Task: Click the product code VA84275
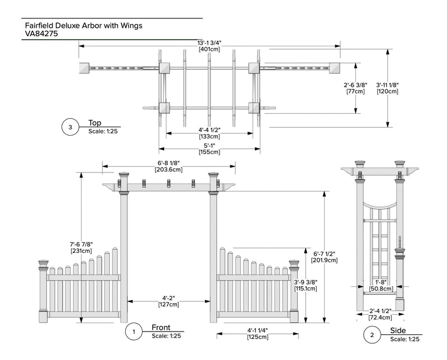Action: click(x=42, y=33)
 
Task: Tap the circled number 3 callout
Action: click(x=70, y=128)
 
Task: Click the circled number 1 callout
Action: click(x=134, y=332)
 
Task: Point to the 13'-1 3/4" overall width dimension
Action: click(x=209, y=42)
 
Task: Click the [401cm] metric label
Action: click(x=209, y=49)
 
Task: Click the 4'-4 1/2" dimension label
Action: click(x=209, y=129)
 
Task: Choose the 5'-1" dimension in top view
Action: click(x=209, y=145)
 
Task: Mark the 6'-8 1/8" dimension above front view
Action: click(x=168, y=163)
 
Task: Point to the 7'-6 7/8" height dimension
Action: click(x=81, y=244)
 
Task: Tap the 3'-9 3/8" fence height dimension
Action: click(x=305, y=282)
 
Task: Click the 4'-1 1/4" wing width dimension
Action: click(x=258, y=330)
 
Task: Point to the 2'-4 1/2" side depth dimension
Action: click(x=379, y=310)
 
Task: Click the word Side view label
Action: click(x=398, y=331)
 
